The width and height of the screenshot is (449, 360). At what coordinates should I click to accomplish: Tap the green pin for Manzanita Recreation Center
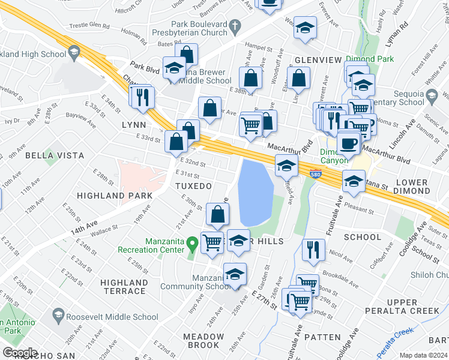pyautogui.click(x=192, y=244)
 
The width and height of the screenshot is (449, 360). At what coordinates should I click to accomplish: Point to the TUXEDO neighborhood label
pyautogui.click(x=193, y=186)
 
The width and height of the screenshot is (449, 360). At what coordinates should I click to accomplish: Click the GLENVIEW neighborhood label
pyautogui.click(x=318, y=60)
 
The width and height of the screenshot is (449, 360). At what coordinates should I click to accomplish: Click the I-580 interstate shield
pyautogui.click(x=316, y=175)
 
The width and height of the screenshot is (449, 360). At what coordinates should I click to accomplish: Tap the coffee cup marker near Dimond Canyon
pyautogui.click(x=349, y=144)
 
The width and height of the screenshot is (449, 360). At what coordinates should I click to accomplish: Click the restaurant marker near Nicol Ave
pyautogui.click(x=313, y=250)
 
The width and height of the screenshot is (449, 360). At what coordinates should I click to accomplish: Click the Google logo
pyautogui.click(x=20, y=352)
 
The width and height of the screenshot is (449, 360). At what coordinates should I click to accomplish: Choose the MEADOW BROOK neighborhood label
pyautogui.click(x=203, y=341)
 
